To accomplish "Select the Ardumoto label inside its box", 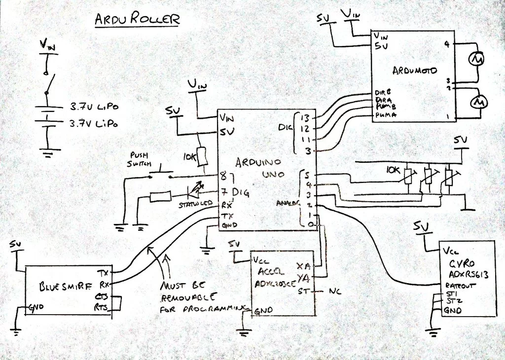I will point(414,71).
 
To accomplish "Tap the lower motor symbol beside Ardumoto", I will point(478,102).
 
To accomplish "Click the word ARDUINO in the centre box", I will point(258,162).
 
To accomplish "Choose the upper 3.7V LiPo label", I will point(94,107).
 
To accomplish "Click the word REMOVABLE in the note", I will point(187,297).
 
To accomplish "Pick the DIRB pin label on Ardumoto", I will point(382,93).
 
